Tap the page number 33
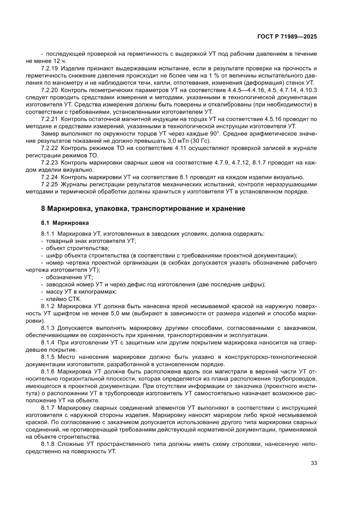(313, 463)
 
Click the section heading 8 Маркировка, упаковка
(143, 209)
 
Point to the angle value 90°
(230, 133)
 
